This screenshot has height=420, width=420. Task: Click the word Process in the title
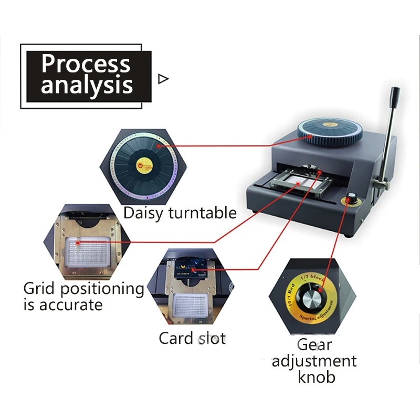pos(86,64)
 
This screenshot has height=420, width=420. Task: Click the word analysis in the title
pos(87,85)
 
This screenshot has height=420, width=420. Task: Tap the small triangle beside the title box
pos(163,79)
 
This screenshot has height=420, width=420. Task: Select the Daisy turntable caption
pos(180,213)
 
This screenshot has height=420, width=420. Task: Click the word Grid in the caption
pos(40,288)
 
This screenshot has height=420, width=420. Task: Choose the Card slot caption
pos(192,338)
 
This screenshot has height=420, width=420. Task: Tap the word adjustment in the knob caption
pos(314,361)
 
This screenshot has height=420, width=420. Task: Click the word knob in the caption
pos(314,377)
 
